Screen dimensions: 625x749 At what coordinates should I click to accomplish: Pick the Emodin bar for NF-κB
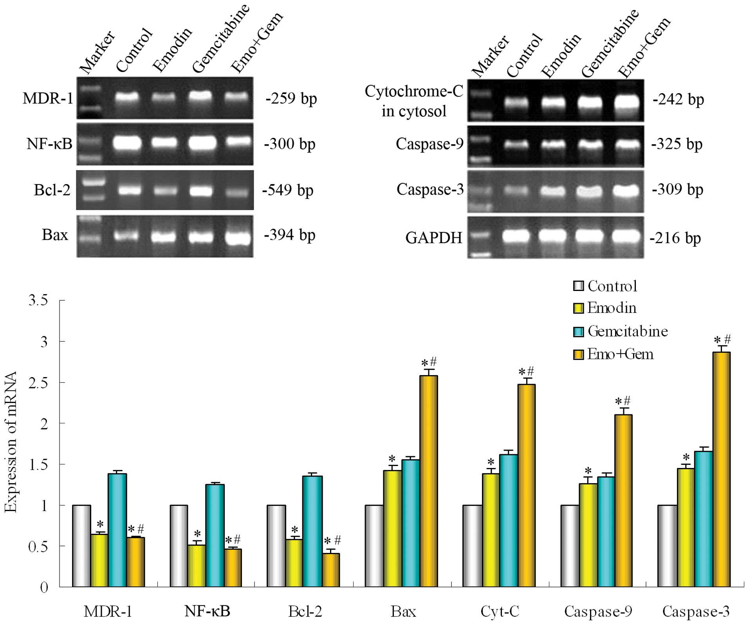pyautogui.click(x=197, y=565)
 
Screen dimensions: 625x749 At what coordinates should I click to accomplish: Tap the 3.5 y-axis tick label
pyautogui.click(x=38, y=300)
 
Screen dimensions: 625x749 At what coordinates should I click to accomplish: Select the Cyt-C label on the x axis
pyautogui.click(x=500, y=611)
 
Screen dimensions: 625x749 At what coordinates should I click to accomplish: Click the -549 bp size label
pyautogui.click(x=288, y=190)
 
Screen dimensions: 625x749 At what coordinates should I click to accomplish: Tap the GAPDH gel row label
pyautogui.click(x=434, y=238)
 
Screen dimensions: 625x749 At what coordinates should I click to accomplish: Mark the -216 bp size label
pyautogui.click(x=675, y=238)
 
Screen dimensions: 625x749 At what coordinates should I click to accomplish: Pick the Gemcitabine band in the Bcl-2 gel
pyautogui.click(x=201, y=191)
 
